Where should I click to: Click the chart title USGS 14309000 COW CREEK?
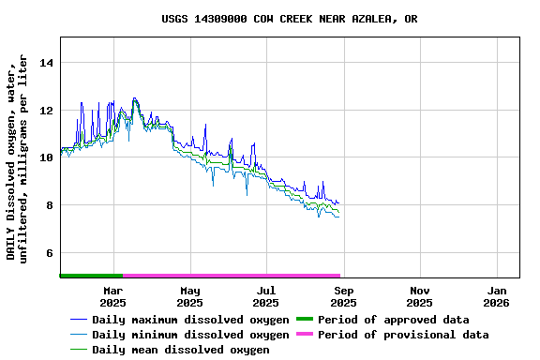289,19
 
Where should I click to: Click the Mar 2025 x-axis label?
112,296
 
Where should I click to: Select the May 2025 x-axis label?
189,296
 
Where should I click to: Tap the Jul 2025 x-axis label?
266,296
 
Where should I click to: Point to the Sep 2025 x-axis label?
343,296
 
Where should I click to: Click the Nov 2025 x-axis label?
420,296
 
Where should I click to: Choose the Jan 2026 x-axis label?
497,296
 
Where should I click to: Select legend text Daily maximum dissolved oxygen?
190,320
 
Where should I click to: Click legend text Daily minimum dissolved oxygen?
190,335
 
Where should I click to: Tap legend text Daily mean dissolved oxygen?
181,350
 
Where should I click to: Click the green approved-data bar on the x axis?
91,276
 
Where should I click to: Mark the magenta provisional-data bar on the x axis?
232,276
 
